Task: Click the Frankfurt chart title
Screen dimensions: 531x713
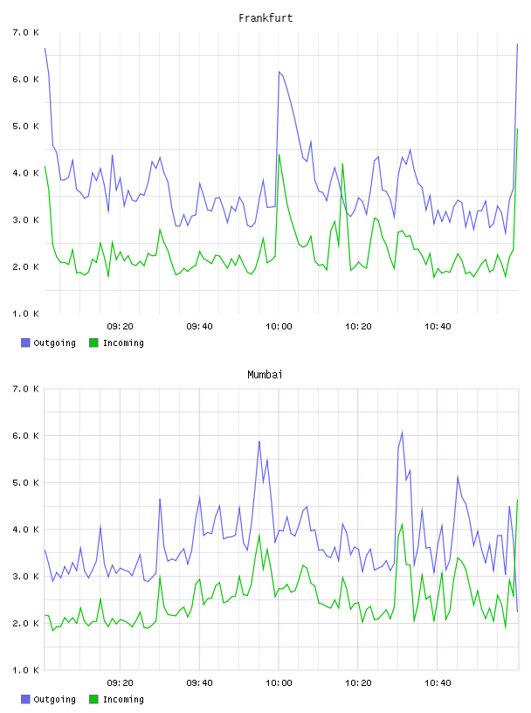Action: [265, 18]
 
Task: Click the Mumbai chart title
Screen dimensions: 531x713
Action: [265, 375]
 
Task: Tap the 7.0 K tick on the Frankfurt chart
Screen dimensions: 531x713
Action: [25, 32]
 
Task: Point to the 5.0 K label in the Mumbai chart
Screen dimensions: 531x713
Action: [25, 482]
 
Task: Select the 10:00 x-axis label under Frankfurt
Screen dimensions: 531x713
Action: [279, 327]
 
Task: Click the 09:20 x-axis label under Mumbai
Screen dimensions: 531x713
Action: [120, 683]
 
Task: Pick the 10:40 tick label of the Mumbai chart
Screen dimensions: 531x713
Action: [438, 683]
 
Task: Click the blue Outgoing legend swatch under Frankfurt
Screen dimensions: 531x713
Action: [25, 343]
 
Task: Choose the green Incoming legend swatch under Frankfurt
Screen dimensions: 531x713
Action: [93, 343]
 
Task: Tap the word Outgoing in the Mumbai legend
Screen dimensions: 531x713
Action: [54, 699]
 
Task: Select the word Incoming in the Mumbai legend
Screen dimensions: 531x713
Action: [123, 699]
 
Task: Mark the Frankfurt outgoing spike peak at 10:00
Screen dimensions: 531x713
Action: [279, 72]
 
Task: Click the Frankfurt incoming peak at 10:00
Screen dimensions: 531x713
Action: [279, 155]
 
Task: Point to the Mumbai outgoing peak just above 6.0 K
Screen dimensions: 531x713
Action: [402, 432]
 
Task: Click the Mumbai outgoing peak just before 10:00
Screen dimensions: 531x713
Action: [259, 441]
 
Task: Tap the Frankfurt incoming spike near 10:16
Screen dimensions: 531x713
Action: [342, 163]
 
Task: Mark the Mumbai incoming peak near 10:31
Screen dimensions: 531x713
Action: [402, 524]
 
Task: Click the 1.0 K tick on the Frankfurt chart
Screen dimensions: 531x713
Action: [25, 314]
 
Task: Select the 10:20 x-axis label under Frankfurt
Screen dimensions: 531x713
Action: [358, 327]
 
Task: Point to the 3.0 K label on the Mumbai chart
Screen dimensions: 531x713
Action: [25, 577]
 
